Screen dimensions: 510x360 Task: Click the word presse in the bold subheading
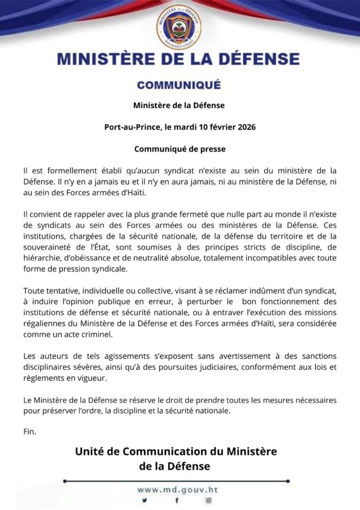tap(213, 149)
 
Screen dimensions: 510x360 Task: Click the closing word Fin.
tap(29, 431)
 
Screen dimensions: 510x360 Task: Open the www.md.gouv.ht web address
tap(178, 489)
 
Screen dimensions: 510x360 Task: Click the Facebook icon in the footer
tap(176, 501)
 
